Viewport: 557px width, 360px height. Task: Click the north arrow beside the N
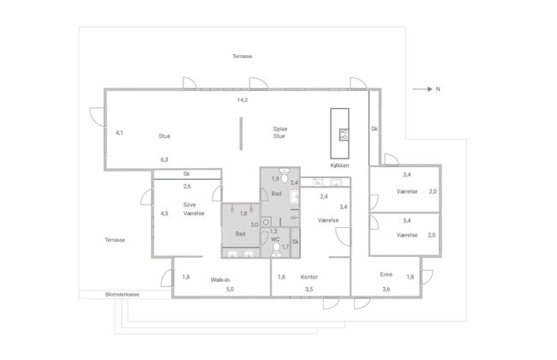point(422,89)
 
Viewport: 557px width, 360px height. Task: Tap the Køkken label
point(339,165)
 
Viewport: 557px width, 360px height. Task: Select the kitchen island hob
point(344,135)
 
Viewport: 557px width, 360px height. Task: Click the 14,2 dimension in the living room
point(243,100)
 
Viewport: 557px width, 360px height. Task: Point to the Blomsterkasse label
point(123,295)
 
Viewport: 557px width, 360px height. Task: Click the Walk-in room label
point(219,280)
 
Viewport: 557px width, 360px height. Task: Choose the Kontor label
point(309,277)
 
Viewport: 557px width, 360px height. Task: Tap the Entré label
point(386,274)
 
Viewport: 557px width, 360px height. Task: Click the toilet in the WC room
point(276,249)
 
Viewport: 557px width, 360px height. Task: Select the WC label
point(275,239)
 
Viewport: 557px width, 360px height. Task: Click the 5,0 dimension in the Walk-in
point(230,289)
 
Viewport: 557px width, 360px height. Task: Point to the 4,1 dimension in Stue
point(119,133)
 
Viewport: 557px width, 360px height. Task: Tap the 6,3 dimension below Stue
point(165,159)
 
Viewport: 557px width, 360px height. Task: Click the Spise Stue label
point(280,132)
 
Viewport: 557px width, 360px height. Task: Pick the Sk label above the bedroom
point(186,174)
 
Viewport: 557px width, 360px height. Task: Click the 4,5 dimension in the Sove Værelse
point(165,213)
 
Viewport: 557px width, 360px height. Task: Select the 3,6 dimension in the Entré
point(386,289)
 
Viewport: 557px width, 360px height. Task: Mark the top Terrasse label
point(243,57)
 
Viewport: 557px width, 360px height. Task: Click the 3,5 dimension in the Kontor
point(309,289)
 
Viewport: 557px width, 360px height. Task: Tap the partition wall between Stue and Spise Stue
point(241,134)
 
